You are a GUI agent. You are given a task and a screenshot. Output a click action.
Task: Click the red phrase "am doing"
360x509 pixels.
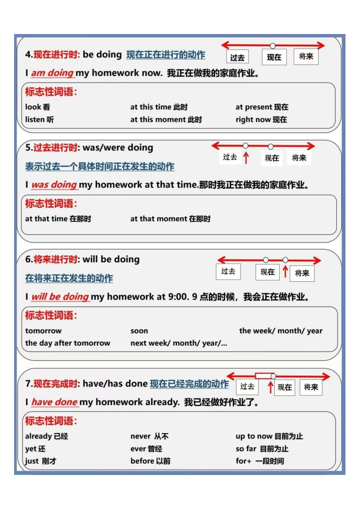click(x=52, y=73)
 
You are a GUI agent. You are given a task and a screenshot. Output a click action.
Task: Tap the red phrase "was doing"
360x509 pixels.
click(x=54, y=185)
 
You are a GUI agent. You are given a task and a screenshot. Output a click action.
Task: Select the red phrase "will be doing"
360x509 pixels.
click(x=60, y=297)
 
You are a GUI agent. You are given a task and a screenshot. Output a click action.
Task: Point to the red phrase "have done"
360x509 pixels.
click(x=54, y=402)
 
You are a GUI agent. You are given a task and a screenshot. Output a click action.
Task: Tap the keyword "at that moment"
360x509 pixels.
click(x=158, y=219)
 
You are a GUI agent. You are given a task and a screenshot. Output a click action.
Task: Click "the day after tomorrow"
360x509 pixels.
click(x=68, y=343)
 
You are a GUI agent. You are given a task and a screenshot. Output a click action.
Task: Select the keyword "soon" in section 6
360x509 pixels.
click(x=139, y=331)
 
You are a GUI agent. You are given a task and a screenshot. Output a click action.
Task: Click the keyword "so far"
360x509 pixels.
click(x=246, y=449)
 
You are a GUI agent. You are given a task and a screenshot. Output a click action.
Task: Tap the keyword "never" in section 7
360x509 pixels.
click(x=141, y=436)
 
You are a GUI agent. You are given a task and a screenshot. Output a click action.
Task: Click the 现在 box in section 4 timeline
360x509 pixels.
click(x=274, y=57)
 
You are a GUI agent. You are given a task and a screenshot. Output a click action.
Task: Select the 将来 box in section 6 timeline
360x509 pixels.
click(x=302, y=273)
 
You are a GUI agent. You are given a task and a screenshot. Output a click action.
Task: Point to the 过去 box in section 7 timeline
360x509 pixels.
click(x=247, y=387)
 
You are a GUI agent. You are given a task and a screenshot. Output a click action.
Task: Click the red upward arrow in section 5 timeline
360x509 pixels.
click(x=246, y=158)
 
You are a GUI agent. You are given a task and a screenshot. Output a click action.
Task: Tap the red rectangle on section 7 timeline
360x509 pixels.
click(x=263, y=376)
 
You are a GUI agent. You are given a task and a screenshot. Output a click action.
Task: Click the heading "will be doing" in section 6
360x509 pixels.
click(x=111, y=259)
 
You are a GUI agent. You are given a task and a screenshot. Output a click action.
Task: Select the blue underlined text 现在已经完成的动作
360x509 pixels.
click(x=189, y=384)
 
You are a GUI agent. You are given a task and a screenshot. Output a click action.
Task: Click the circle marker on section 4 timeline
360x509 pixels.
click(x=272, y=45)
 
